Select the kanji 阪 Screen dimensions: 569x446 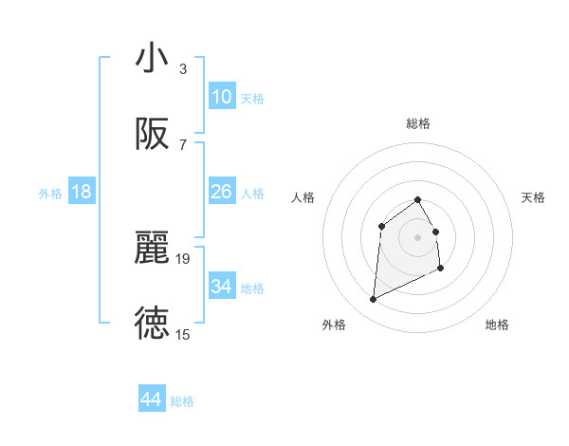152,135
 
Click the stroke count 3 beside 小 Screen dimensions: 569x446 182,69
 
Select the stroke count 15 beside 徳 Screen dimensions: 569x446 183,334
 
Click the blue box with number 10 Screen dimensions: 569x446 221,97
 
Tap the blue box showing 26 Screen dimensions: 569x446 221,192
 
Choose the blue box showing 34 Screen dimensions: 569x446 221,287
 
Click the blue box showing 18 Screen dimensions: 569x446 82,192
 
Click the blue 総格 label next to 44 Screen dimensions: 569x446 182,401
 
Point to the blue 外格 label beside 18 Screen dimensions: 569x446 50,194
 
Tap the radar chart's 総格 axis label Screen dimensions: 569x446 417,123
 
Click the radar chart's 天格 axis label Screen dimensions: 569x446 534,197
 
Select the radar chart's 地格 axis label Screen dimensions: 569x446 497,325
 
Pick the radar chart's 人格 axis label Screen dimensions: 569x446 303,197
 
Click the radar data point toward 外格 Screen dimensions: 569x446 373,300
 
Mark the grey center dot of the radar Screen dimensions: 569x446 417,236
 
